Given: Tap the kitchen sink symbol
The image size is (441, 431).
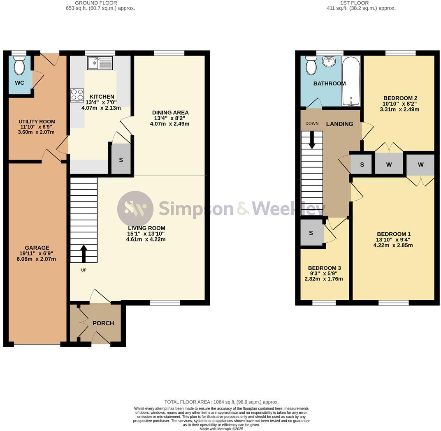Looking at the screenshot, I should (100, 63).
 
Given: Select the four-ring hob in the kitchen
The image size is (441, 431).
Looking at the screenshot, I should (77, 95).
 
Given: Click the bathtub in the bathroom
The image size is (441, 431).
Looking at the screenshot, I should (351, 81).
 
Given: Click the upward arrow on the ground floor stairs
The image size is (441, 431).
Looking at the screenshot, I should (84, 253).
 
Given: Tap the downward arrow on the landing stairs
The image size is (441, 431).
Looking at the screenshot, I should (312, 140).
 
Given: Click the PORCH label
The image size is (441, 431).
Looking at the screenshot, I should (103, 323).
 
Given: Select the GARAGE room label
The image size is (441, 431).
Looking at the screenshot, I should (37, 248).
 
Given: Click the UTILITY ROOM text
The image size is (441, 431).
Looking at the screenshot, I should (37, 122).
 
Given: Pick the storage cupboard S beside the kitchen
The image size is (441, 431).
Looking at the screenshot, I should (121, 160).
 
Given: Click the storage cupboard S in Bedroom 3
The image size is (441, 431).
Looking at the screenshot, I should (311, 233).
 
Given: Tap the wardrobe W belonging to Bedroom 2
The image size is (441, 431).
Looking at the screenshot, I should (389, 165).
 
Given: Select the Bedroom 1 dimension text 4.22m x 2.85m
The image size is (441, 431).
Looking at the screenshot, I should (393, 246).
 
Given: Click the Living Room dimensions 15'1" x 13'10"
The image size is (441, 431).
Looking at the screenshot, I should (146, 234).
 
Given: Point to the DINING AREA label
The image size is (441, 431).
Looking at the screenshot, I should (170, 113).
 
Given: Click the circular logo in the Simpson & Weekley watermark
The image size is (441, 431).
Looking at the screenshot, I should (135, 209).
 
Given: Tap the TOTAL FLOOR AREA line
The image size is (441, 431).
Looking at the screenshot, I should (221, 402).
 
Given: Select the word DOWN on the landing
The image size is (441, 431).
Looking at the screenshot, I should (312, 123).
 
